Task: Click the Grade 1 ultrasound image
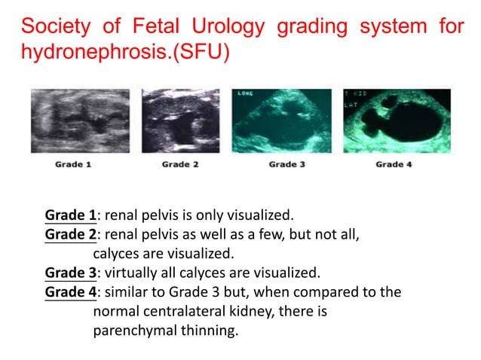click(80, 121)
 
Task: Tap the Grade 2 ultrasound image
click(180, 121)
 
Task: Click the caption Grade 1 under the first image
click(74, 165)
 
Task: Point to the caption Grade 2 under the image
click(180, 165)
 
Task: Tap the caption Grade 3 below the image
click(286, 165)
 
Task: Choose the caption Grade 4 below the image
click(394, 165)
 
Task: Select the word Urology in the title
click(228, 27)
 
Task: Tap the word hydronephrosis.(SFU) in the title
click(125, 55)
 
